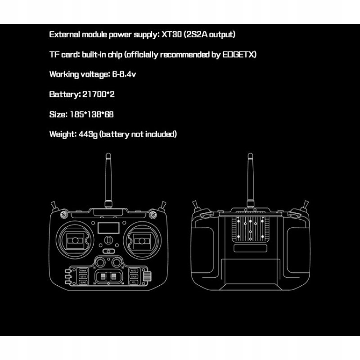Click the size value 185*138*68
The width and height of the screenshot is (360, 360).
(x=92, y=114)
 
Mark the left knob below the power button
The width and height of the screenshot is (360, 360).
(x=99, y=262)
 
